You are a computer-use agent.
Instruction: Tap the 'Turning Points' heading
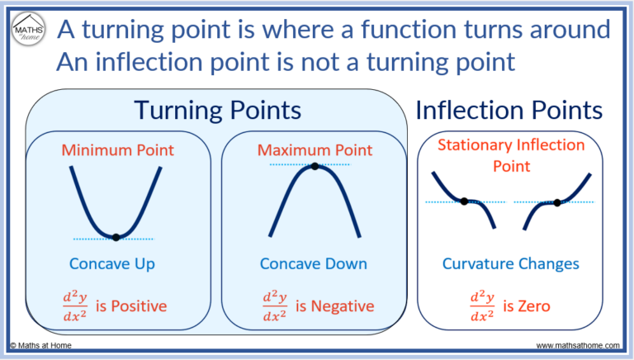pyautogui.click(x=217, y=111)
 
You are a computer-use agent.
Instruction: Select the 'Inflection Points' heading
pyautogui.click(x=509, y=111)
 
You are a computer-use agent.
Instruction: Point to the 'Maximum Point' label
pyautogui.click(x=315, y=150)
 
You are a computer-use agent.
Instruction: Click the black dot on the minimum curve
pyautogui.click(x=116, y=237)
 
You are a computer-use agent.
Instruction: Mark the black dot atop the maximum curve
pyautogui.click(x=315, y=166)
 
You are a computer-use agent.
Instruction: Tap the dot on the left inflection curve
pyautogui.click(x=465, y=201)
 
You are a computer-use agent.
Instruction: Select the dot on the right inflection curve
pyautogui.click(x=557, y=202)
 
